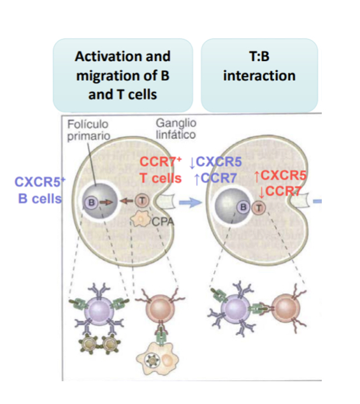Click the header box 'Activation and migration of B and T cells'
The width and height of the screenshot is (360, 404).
(x=122, y=75)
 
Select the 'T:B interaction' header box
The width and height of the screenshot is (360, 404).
(x=259, y=75)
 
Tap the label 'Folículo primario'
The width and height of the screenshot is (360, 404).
(x=89, y=130)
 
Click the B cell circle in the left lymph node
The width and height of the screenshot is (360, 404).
(x=91, y=202)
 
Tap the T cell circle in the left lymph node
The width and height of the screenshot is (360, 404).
(x=142, y=201)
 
